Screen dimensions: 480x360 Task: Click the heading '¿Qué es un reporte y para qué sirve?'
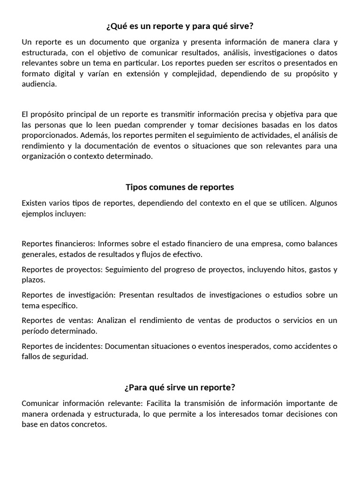(180, 26)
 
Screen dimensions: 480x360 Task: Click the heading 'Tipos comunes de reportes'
(180, 187)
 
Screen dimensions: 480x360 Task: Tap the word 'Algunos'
(323, 203)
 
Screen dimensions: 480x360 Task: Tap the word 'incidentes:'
(83, 346)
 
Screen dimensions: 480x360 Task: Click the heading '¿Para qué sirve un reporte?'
(180, 388)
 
